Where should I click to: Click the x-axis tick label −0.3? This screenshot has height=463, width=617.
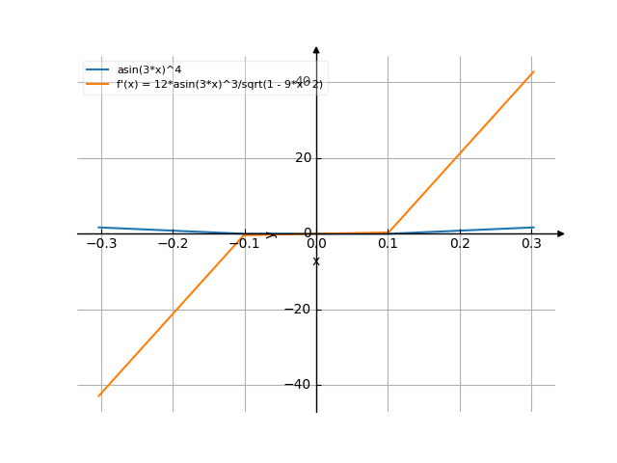[x=101, y=244]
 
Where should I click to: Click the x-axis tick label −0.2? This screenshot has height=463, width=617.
[x=173, y=244]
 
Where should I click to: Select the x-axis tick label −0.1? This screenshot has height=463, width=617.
[x=244, y=244]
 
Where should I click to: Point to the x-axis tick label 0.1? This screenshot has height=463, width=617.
[x=388, y=244]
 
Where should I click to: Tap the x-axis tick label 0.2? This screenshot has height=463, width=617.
[x=460, y=244]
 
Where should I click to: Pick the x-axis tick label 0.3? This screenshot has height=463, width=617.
[x=531, y=244]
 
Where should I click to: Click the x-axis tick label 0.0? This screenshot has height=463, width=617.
[x=316, y=244]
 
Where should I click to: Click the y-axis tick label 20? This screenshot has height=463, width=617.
[x=304, y=158]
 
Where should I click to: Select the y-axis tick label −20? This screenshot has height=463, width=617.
[x=300, y=310]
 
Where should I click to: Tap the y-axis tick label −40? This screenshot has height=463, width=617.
[x=300, y=385]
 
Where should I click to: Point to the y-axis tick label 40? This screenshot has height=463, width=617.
[x=304, y=82]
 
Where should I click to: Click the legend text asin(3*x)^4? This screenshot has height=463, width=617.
[x=148, y=69]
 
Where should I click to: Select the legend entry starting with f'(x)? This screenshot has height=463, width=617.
[x=220, y=85]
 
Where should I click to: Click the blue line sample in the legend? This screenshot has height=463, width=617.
[x=97, y=69]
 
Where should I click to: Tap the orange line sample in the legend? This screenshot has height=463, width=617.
[x=97, y=85]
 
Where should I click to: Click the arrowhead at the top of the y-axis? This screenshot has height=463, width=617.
[x=316, y=49]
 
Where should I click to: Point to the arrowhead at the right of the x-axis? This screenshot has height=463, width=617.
[x=561, y=233]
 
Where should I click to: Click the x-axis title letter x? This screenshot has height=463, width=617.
[x=316, y=261]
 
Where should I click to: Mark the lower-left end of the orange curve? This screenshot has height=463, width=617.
[x=100, y=395]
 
